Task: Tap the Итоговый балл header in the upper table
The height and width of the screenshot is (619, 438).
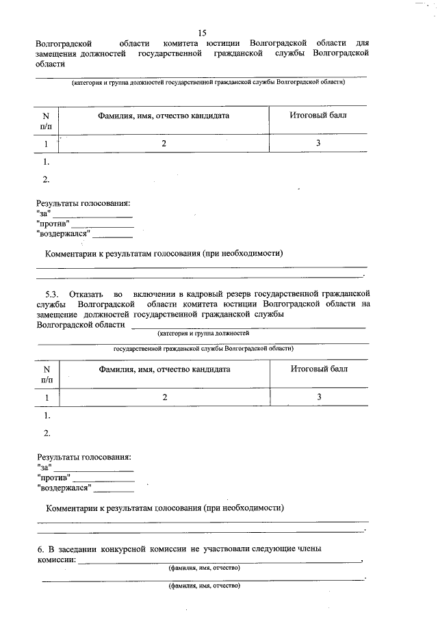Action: pos(318,115)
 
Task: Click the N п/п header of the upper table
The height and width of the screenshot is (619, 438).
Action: pos(46,121)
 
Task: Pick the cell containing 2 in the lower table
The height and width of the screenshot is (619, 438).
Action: pos(164,397)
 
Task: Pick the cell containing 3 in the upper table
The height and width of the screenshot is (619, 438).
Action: pos(318,144)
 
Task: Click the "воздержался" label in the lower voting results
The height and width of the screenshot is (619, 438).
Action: pos(64,488)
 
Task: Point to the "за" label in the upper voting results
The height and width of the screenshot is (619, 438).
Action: pos(44,213)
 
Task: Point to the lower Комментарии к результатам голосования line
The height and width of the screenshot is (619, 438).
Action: pos(164,508)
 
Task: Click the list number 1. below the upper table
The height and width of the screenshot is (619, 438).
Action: pos(47,163)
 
